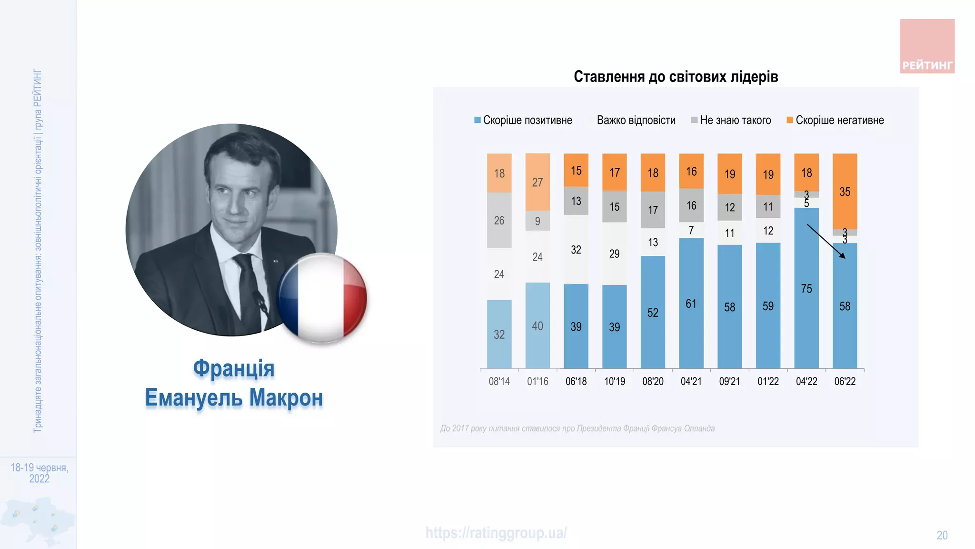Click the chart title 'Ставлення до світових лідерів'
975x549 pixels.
click(676, 77)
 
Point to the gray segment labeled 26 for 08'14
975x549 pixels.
click(499, 220)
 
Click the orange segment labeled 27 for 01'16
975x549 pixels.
click(537, 182)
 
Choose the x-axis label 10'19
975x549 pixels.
click(615, 381)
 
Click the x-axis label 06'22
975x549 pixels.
click(845, 381)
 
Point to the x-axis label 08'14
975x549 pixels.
click(499, 381)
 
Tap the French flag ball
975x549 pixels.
click(322, 298)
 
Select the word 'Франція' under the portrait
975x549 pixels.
click(234, 368)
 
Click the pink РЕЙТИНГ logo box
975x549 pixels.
click(927, 46)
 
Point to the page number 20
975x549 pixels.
click(942, 535)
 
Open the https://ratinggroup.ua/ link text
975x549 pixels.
click(496, 533)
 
